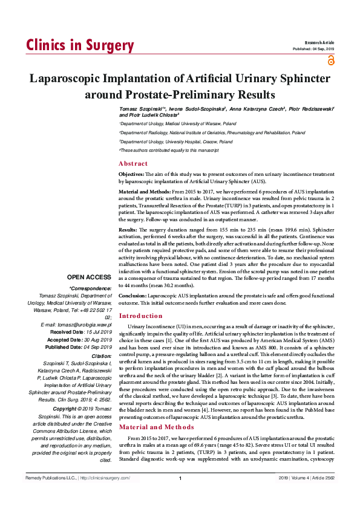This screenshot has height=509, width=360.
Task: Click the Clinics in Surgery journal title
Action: tap(80, 46)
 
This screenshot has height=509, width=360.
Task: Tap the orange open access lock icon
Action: tap(330, 59)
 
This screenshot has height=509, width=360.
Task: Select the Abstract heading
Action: tap(133, 164)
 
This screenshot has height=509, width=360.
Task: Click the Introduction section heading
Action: tap(140, 316)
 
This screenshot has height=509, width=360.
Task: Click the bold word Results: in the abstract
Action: tap(128, 230)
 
